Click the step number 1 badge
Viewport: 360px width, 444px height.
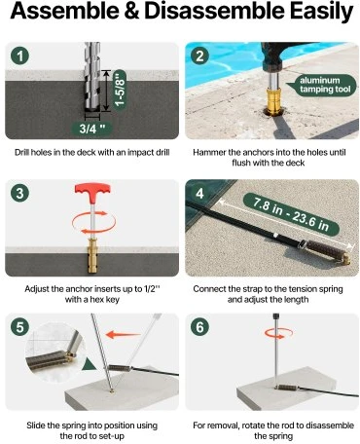click(19, 55)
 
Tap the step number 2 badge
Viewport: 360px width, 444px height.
click(199, 55)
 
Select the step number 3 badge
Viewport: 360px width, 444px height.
click(19, 193)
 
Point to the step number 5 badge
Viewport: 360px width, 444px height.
click(19, 327)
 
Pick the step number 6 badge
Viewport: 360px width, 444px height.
click(199, 327)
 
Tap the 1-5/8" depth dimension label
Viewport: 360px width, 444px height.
click(120, 90)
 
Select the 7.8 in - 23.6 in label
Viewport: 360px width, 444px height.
click(291, 214)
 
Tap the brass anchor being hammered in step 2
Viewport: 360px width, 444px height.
click(274, 101)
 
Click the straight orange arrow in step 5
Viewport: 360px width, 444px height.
click(124, 334)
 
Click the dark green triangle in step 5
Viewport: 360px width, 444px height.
click(89, 364)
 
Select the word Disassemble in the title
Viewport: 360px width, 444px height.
click(214, 11)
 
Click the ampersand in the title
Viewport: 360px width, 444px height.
click(131, 11)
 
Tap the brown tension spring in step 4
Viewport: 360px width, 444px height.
click(327, 251)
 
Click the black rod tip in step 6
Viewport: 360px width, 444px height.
click(276, 316)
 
